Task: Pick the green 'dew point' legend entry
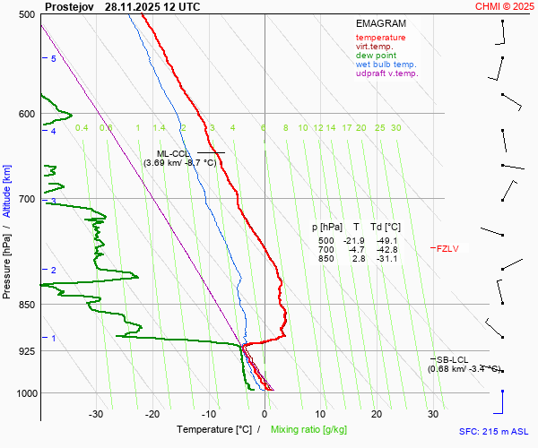[x=376, y=56]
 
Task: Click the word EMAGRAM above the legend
[x=381, y=23]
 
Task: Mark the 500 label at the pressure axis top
[x=26, y=15]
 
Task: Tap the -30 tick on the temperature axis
[x=96, y=414]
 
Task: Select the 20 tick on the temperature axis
[x=376, y=414]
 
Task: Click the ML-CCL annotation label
[x=174, y=153]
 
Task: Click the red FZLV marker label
[x=447, y=249]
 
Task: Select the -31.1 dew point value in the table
[x=387, y=259]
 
